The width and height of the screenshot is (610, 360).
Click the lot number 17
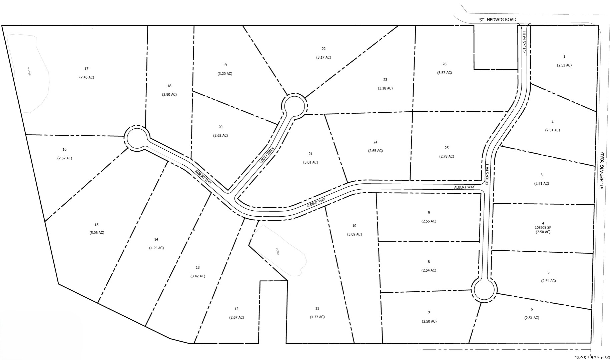[86, 69]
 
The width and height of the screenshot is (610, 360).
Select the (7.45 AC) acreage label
[86, 77]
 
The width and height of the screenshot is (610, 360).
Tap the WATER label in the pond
[29, 72]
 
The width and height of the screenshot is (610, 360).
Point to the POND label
[277, 252]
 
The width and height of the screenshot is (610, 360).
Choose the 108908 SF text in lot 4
[543, 228]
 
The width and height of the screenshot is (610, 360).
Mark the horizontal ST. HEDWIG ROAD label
[498, 20]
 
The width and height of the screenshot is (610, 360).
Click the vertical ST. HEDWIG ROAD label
[602, 171]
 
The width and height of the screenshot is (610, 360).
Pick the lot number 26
[444, 64]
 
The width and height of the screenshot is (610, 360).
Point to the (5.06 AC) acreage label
[96, 233]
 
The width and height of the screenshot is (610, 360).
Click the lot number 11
[317, 308]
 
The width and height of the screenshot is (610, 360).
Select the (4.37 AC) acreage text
[317, 317]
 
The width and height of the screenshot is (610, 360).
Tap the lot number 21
[310, 154]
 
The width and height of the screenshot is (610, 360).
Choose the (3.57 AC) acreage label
[444, 73]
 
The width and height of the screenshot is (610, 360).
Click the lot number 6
[532, 309]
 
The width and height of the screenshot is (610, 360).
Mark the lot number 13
[197, 267]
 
